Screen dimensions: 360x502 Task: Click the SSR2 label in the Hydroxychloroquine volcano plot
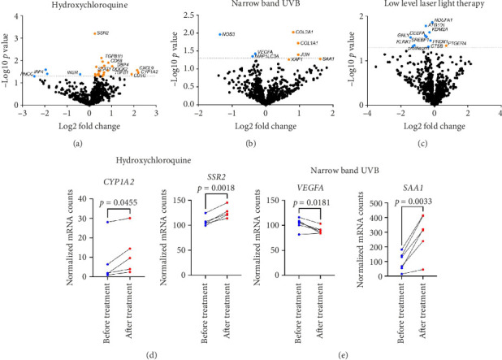pos(102,33)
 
